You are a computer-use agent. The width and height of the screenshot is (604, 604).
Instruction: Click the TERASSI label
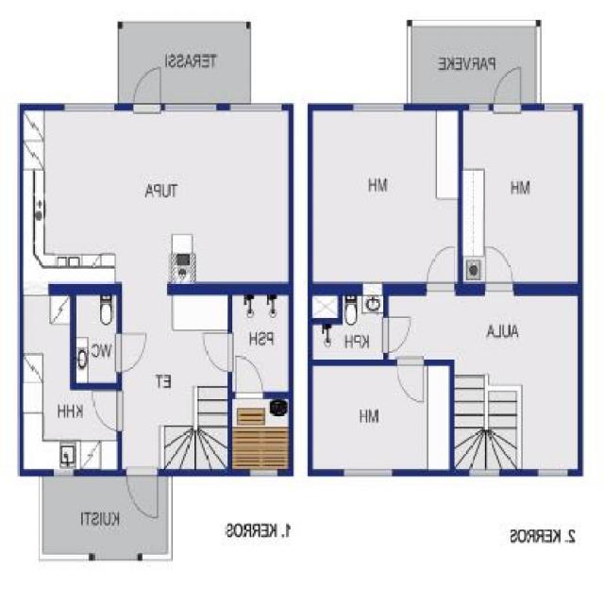[x=192, y=62]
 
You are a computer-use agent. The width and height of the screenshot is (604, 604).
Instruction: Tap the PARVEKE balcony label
[x=466, y=64]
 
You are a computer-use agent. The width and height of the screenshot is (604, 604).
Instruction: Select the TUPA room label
[x=161, y=192]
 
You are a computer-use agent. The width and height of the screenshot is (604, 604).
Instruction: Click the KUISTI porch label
[x=98, y=518]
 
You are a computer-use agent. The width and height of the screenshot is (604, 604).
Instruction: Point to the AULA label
[x=505, y=331]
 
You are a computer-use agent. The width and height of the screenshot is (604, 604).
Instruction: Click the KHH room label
[x=69, y=411]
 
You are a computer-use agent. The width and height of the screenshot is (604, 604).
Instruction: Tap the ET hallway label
[x=162, y=382]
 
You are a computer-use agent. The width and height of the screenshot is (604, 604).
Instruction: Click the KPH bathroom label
[x=356, y=341]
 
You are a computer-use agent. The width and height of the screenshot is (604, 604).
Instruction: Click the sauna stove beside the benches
[x=278, y=408]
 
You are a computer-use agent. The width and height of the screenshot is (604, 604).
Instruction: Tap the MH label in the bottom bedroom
[x=368, y=415]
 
